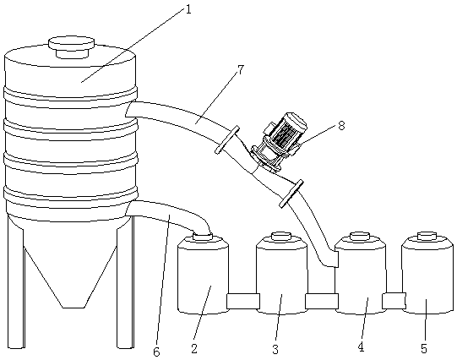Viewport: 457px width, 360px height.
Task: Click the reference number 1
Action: click(x=188, y=10)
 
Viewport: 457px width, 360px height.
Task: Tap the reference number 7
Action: click(x=240, y=70)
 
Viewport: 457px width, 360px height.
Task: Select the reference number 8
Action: click(x=341, y=126)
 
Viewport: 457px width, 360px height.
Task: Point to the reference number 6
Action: click(x=156, y=352)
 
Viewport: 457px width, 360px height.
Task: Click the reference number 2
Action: click(x=194, y=349)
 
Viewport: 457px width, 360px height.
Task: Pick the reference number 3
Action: click(x=275, y=349)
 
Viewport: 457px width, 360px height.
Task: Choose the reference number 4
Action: click(x=361, y=347)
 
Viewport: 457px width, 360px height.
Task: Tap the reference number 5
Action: click(x=424, y=348)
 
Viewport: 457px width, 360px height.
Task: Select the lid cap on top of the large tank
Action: click(x=72, y=46)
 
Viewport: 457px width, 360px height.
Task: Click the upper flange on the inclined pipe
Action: click(x=227, y=140)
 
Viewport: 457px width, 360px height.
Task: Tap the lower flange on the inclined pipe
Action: click(x=291, y=194)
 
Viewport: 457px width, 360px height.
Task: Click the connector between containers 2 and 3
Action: click(x=243, y=301)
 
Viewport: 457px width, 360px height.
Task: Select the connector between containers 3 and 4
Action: click(x=322, y=301)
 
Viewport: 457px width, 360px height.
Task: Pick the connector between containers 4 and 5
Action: click(x=394, y=301)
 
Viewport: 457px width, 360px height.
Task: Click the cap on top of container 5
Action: click(x=427, y=236)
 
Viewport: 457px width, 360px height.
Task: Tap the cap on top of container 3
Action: click(x=281, y=236)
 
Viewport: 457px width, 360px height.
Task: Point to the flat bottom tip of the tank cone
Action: click(x=73, y=307)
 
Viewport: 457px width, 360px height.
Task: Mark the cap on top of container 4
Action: click(x=360, y=236)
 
